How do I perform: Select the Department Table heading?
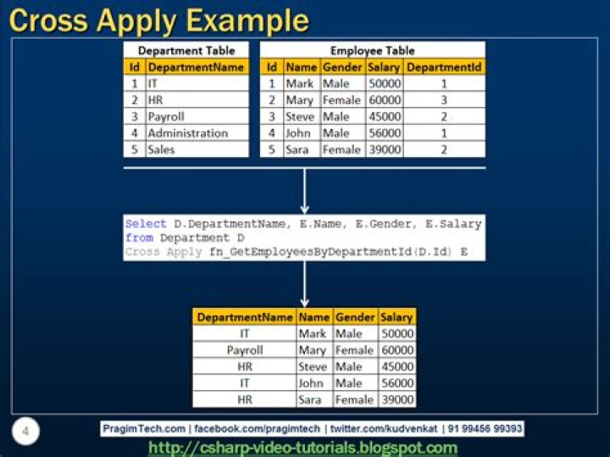[186, 51]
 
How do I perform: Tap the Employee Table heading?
[372, 51]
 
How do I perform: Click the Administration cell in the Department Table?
[188, 133]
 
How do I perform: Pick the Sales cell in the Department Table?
[161, 149]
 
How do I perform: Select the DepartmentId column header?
[444, 67]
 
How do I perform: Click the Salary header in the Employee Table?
[384, 67]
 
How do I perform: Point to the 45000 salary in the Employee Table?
[385, 117]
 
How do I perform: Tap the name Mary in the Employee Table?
[300, 100]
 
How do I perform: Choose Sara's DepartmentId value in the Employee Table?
[444, 150]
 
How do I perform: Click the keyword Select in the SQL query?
[146, 224]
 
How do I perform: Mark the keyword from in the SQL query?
[139, 238]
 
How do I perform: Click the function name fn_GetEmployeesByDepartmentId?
[310, 252]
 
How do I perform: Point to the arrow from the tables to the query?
[305, 191]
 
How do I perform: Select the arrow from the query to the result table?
[305, 284]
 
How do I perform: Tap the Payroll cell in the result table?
[245, 350]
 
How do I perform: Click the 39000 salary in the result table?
[397, 400]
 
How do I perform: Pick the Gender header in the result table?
[355, 317]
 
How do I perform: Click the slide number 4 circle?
[25, 432]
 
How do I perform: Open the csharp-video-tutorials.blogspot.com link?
[303, 448]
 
